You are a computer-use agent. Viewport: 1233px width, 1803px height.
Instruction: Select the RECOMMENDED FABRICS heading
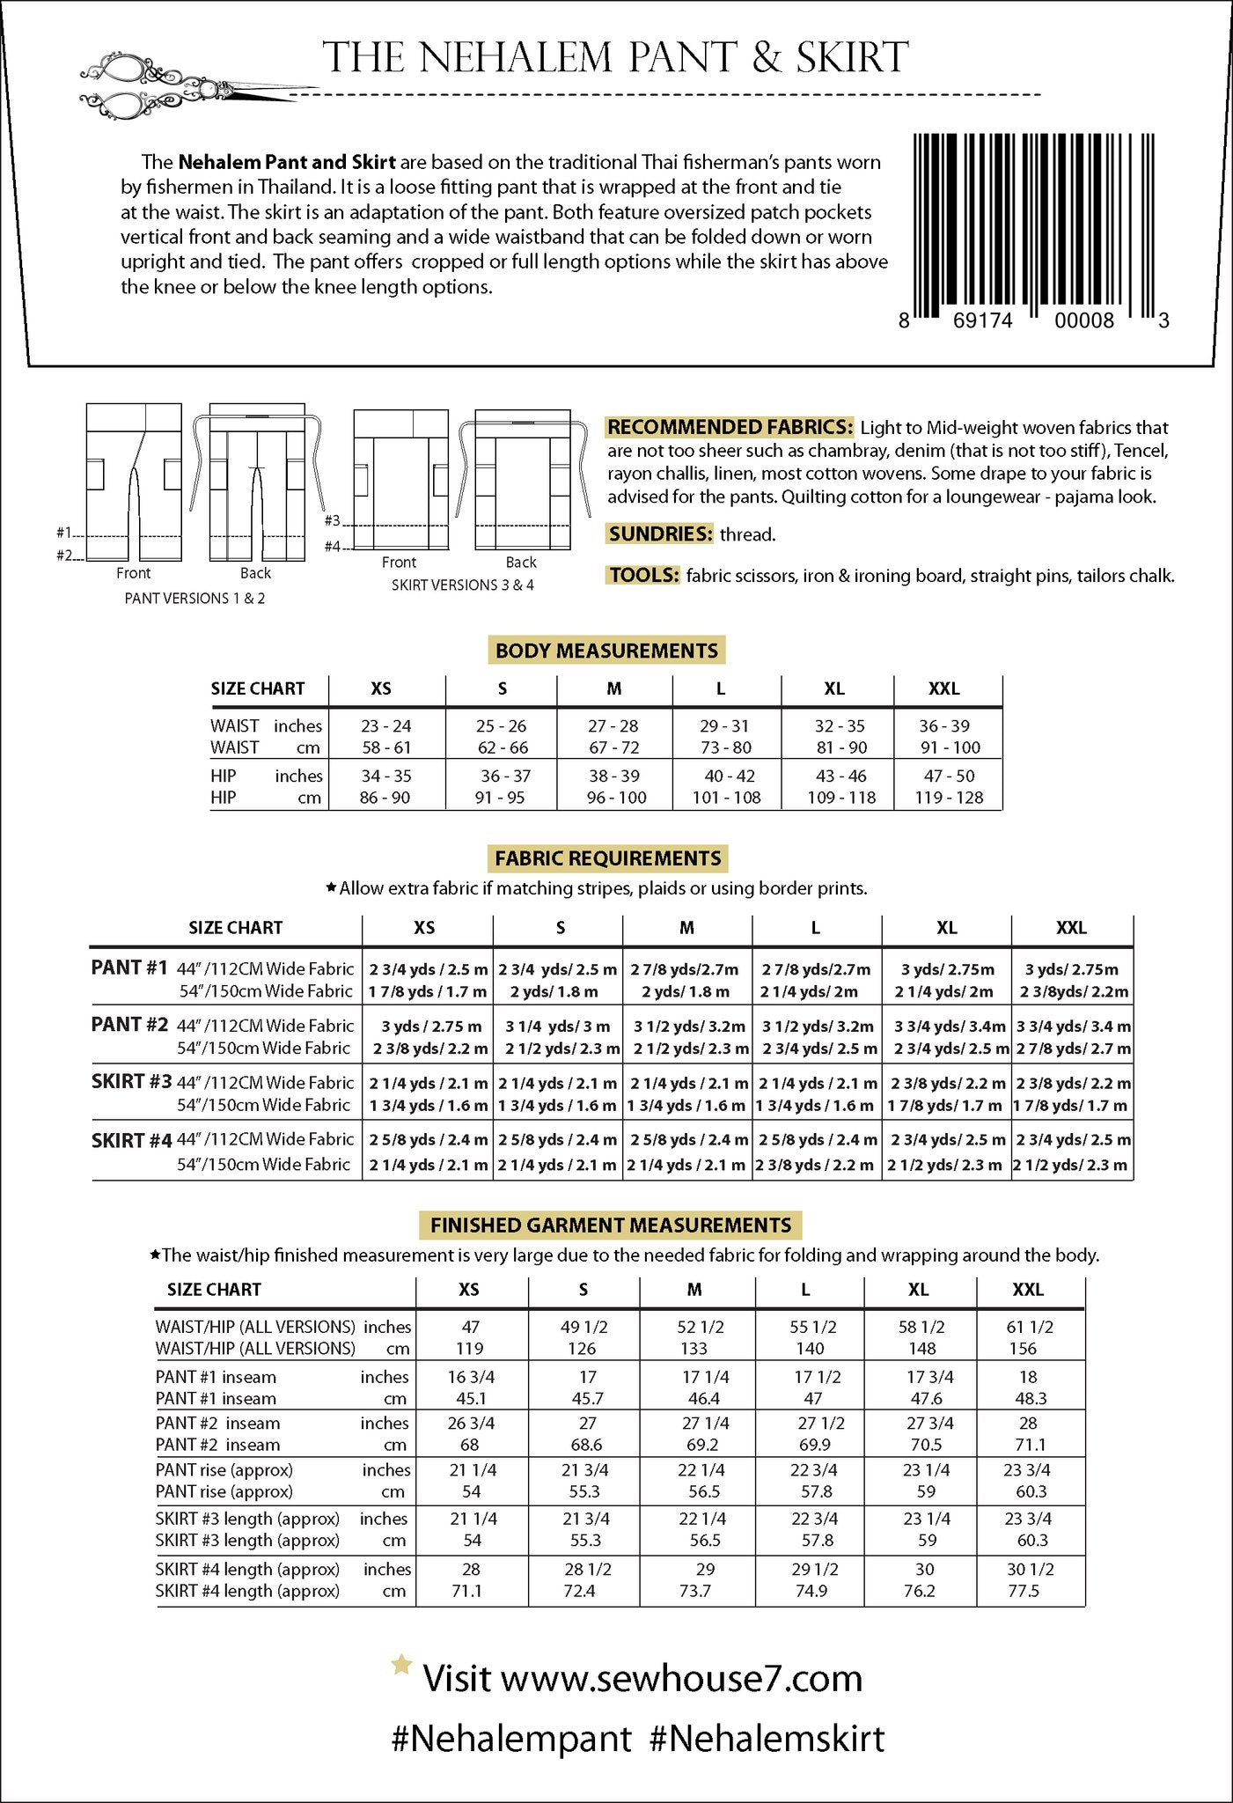pyautogui.click(x=730, y=428)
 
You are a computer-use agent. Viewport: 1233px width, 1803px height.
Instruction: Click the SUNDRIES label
pyautogui.click(x=660, y=534)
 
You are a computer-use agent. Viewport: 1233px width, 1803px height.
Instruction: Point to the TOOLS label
pyautogui.click(x=643, y=575)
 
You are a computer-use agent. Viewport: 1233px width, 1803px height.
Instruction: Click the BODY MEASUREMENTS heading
pyautogui.click(x=606, y=651)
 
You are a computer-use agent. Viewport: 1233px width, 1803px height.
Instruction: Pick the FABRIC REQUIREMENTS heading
pyautogui.click(x=607, y=858)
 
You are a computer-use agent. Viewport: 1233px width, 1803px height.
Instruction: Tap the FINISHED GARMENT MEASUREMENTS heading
pyautogui.click(x=610, y=1225)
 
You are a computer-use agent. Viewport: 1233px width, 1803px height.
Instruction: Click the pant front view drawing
pyautogui.click(x=134, y=482)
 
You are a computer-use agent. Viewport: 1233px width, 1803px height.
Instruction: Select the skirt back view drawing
pyautogui.click(x=522, y=480)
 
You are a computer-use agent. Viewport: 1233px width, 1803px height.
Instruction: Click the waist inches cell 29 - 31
pyautogui.click(x=724, y=726)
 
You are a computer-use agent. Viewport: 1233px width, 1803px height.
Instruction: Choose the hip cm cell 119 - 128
pyautogui.click(x=948, y=798)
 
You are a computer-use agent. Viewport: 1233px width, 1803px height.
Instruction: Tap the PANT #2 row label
pyautogui.click(x=129, y=1025)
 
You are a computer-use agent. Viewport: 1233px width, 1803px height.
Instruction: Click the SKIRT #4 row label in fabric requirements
pyautogui.click(x=131, y=1141)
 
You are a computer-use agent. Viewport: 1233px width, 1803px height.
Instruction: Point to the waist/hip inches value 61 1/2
pyautogui.click(x=1030, y=1327)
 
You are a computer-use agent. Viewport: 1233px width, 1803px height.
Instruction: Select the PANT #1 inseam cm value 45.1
pyautogui.click(x=471, y=1399)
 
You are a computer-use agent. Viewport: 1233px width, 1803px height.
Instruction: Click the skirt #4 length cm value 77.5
pyautogui.click(x=1024, y=1591)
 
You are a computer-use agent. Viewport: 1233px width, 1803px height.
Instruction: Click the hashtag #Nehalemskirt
pyautogui.click(x=767, y=1739)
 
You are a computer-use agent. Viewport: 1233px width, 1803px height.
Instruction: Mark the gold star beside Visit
pyautogui.click(x=401, y=1664)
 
